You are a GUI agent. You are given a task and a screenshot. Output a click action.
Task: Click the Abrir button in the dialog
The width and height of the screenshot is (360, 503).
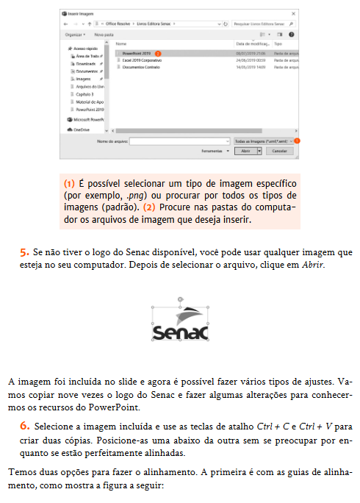click(245, 150)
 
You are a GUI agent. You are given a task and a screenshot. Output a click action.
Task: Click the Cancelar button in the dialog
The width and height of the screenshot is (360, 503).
click(278, 150)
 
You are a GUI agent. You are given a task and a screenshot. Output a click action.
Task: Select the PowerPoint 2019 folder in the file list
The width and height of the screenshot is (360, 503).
click(137, 54)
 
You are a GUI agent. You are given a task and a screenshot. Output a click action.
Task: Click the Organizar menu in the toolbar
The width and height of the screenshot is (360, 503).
click(75, 34)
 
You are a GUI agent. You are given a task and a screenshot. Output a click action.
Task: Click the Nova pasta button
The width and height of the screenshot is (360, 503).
click(104, 34)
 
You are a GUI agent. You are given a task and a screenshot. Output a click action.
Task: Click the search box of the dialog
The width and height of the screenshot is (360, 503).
click(264, 24)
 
